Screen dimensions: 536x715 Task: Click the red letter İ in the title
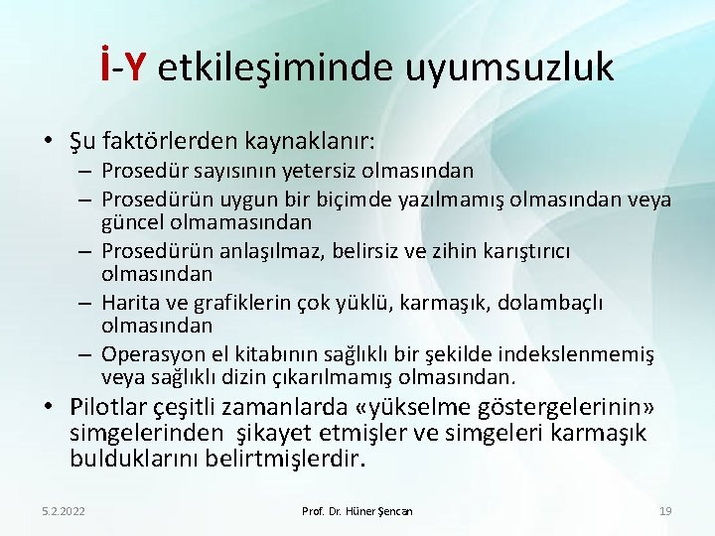coord(105,67)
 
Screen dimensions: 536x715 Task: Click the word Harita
coord(130,303)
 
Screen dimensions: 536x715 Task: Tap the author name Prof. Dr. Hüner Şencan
coord(357,511)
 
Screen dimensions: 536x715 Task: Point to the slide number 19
coord(665,511)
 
